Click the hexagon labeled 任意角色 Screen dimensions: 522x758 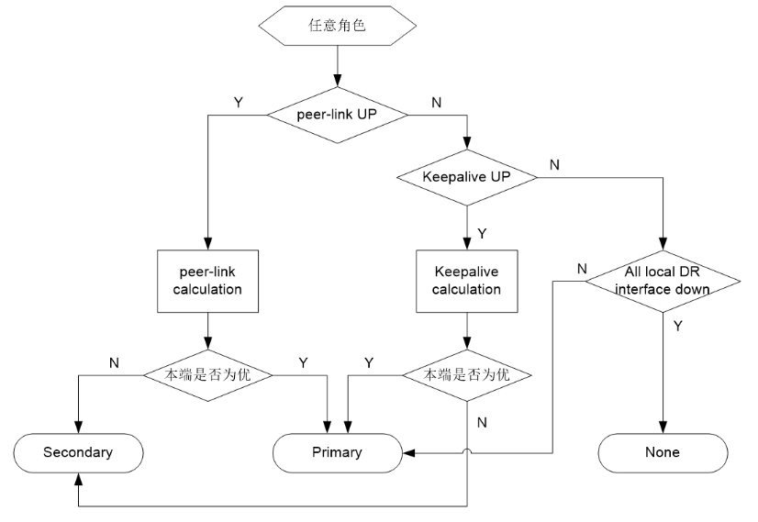(x=339, y=26)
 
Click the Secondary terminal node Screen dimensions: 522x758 (x=79, y=451)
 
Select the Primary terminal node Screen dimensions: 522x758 (x=339, y=451)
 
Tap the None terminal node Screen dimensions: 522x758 (x=663, y=451)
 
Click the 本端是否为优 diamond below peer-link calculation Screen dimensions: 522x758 (x=210, y=374)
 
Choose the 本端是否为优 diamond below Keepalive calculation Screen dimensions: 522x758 (x=467, y=374)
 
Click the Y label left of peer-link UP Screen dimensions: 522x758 (x=240, y=102)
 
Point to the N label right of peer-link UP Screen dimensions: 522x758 (x=436, y=102)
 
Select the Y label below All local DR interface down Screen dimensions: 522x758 (x=676, y=325)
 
